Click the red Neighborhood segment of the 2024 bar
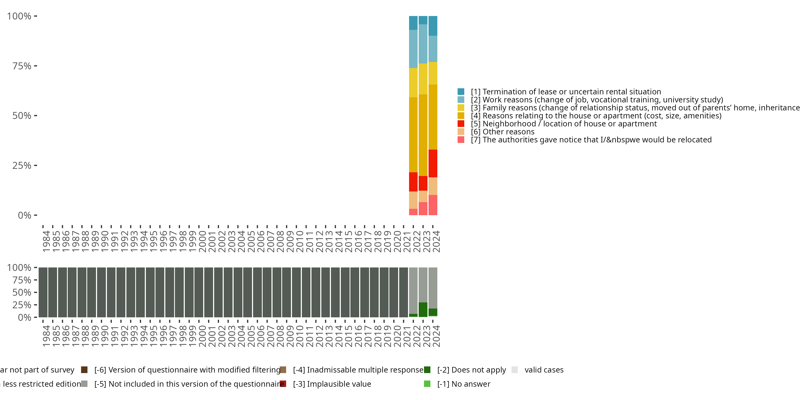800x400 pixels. point(433,163)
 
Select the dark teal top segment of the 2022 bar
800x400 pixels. point(413,23)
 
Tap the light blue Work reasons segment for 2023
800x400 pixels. point(423,44)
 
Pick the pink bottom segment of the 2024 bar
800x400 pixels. point(433,205)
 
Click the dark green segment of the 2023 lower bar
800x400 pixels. point(423,310)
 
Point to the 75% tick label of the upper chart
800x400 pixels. point(22,66)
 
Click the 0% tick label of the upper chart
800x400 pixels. point(25,215)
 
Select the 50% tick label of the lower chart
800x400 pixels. point(22,292)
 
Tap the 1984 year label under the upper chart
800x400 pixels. point(46,241)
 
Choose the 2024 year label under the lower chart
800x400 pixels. point(436,336)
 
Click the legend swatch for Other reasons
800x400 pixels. point(461,132)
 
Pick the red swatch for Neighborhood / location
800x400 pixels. point(461,124)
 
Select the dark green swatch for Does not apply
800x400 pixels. point(427,370)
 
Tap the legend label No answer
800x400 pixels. point(464,384)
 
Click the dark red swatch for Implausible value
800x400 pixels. point(283,384)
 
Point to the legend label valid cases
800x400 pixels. point(544,370)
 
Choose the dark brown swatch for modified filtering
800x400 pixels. point(84,370)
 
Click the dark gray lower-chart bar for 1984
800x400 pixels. point(43,292)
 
